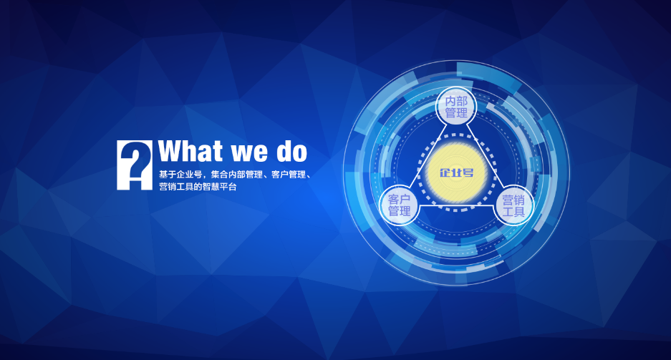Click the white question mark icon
coord(135,165)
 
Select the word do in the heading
coord(292,151)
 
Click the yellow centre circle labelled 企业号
coord(457,172)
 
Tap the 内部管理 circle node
coord(456,107)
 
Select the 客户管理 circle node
coord(400,205)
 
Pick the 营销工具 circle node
coord(513,205)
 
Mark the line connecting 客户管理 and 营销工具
coord(456,205)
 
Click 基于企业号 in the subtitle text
coord(180,175)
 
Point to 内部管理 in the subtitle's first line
coord(245,175)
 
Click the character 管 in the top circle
coord(450,113)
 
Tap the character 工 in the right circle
coord(508,212)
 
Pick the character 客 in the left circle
coord(394,199)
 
